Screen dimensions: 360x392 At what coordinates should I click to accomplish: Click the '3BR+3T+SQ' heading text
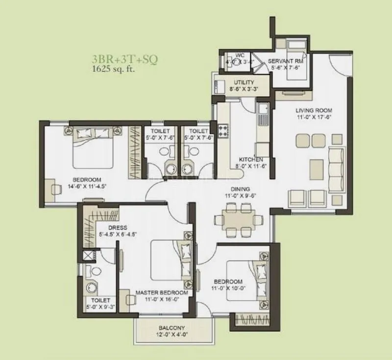pos(124,60)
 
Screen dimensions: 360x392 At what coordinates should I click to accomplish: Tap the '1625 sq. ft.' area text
pos(113,69)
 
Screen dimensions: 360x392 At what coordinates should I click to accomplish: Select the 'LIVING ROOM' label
pos(314,110)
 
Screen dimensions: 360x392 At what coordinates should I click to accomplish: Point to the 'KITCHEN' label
pos(251,160)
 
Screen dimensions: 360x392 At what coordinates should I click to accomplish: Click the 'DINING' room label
pos(241,189)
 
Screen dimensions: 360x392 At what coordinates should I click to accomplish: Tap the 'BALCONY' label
pos(171,328)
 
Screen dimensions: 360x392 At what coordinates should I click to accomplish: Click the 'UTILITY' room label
pos(244,82)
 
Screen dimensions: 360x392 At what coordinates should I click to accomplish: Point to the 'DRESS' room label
pos(118,228)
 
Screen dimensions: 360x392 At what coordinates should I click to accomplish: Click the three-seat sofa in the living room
pos(336,164)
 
